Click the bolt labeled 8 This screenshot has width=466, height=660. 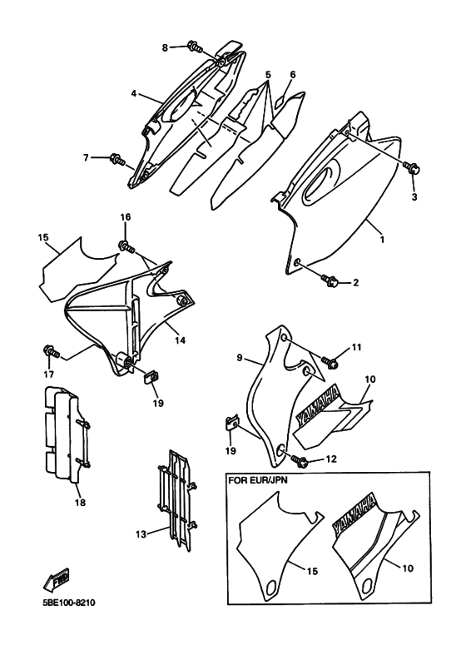pyautogui.click(x=194, y=47)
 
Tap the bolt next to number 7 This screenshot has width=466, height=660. pyautogui.click(x=116, y=160)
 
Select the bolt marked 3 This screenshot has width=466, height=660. pyautogui.click(x=411, y=167)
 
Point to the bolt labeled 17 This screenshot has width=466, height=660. pyautogui.click(x=52, y=351)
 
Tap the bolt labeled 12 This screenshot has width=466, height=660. pyautogui.click(x=300, y=461)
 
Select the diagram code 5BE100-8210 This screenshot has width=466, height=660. pyautogui.click(x=68, y=603)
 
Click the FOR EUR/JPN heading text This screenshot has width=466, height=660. pyautogui.click(x=258, y=480)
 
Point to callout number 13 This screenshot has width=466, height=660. pyautogui.click(x=141, y=534)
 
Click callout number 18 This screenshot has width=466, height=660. pyautogui.click(x=80, y=502)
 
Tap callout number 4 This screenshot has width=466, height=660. pyautogui.click(x=134, y=93)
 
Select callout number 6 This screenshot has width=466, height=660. pyautogui.click(x=293, y=75)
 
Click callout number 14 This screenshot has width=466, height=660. pyautogui.click(x=180, y=340)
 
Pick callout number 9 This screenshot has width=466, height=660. pyautogui.click(x=240, y=358)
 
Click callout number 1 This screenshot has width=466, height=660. pyautogui.click(x=382, y=240)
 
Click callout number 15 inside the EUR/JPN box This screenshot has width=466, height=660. pyautogui.click(x=312, y=571)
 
